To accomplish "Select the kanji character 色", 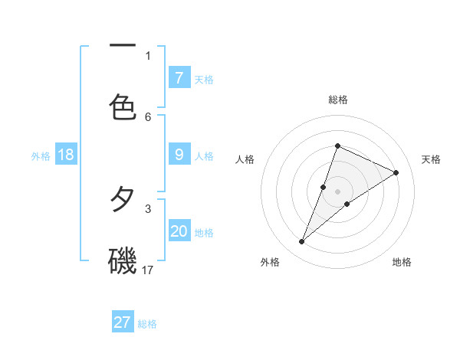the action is point(123,107).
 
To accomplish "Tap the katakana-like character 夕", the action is point(123,201).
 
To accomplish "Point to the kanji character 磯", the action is point(123,262).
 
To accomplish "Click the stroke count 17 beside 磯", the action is point(148,270).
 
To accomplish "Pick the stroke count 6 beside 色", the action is point(148,116).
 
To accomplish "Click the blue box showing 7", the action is point(179,78).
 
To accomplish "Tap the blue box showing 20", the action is point(179,232).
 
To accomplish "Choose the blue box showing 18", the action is point(66,155).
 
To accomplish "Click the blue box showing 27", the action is point(123,322).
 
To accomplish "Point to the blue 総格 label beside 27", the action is point(147,324).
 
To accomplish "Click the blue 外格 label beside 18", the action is point(41,156).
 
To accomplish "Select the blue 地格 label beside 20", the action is point(204,233).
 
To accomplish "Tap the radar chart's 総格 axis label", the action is point(338,100).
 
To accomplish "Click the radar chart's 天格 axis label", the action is point(432,159).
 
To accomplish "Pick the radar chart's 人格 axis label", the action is point(245,159).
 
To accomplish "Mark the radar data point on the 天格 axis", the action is point(396,172).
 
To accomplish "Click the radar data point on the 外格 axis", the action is point(301,242).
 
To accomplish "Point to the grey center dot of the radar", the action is point(338,191).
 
